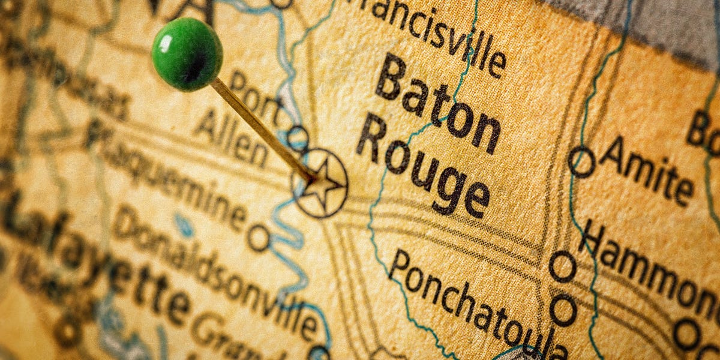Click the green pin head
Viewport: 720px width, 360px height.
(x=187, y=54)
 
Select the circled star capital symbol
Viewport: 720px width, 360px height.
(x=320, y=183)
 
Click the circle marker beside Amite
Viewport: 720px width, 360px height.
(x=581, y=161)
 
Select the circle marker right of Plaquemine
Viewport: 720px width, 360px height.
(x=259, y=238)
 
